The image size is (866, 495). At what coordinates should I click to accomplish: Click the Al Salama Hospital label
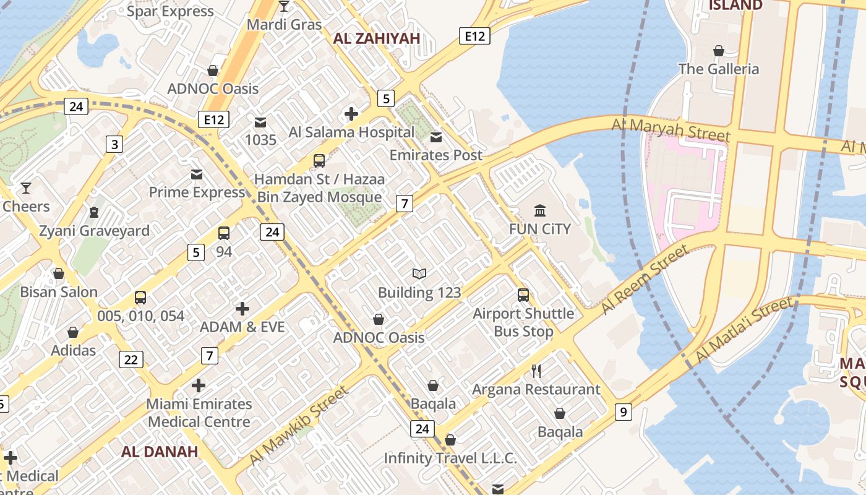(351, 132)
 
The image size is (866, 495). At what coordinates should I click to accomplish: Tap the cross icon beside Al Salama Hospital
(351, 113)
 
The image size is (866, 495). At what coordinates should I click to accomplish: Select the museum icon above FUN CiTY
(540, 211)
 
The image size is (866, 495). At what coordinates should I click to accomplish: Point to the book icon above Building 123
(419, 273)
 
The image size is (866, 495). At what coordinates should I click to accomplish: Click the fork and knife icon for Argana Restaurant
(536, 371)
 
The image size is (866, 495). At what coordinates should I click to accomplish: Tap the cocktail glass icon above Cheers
(25, 187)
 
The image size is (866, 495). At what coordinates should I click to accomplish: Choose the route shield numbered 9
(623, 411)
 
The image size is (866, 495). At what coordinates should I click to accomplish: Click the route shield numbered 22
(131, 359)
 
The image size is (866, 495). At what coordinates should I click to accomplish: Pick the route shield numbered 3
(114, 144)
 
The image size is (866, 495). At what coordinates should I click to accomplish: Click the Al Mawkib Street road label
(298, 426)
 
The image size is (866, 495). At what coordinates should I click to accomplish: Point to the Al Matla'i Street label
(744, 330)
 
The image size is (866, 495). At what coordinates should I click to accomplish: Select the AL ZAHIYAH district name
(376, 38)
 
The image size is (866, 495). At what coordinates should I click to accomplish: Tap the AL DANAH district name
(160, 451)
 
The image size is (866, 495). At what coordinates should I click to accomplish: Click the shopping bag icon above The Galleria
(718, 51)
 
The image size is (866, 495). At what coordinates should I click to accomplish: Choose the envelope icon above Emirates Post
(436, 137)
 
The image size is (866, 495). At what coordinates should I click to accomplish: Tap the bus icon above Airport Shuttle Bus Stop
(523, 295)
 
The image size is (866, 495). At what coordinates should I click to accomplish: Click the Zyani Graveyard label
(94, 231)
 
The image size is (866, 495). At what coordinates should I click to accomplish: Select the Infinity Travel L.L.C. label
(450, 458)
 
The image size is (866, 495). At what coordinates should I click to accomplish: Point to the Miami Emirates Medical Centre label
(199, 413)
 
